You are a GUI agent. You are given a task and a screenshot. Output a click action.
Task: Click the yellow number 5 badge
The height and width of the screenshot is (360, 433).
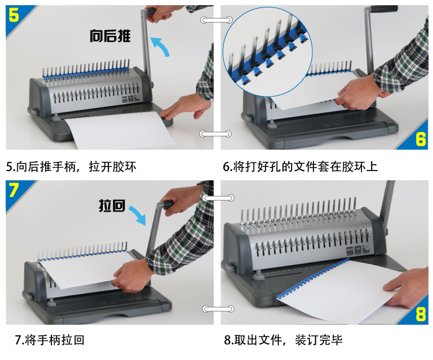pos(13,15)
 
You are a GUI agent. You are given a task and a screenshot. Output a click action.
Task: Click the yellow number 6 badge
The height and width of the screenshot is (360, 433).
pos(420,139)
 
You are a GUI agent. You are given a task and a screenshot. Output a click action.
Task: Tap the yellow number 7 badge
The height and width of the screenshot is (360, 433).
pos(13,190)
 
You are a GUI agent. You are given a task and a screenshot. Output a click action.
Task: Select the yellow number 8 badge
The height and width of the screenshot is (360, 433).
pos(420,314)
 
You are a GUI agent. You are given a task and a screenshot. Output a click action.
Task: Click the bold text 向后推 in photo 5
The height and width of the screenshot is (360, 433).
pos(110,36)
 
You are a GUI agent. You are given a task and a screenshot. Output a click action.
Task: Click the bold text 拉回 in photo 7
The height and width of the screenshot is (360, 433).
pos(112,206)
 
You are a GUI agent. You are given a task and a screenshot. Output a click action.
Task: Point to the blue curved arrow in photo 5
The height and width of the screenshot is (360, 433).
pos(160,46)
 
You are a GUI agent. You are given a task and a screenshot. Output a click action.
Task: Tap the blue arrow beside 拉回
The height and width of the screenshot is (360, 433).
pos(137,215)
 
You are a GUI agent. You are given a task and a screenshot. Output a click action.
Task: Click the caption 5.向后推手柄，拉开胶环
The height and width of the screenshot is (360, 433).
pos(71,167)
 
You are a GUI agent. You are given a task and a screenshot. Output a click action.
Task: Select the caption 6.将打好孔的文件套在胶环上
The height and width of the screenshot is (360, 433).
pos(300,167)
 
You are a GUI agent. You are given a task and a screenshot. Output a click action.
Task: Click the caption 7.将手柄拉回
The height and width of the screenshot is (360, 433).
pos(50,340)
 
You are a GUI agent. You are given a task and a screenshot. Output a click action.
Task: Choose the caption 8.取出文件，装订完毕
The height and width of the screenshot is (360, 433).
pos(283,340)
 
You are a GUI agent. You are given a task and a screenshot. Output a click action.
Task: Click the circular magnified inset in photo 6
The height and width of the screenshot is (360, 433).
pos(267,51)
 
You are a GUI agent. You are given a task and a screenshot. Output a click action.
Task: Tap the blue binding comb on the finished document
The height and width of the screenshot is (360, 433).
pos(312,279)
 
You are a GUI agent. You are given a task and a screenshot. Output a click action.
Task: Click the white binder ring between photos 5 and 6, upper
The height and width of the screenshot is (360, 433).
pos(216,20)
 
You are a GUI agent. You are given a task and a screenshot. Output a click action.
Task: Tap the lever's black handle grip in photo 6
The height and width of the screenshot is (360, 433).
pos(384,9)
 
